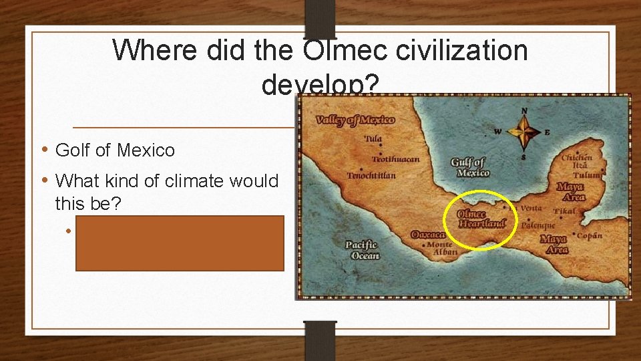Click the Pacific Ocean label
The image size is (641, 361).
362,251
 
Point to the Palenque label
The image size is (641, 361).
538,225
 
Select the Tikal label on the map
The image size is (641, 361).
564,211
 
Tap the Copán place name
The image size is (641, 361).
588,235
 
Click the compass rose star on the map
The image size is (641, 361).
524,131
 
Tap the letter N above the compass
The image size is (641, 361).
524,111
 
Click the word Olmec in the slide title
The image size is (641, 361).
338,51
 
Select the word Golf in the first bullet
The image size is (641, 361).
75,150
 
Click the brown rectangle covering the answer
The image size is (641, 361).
180,243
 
